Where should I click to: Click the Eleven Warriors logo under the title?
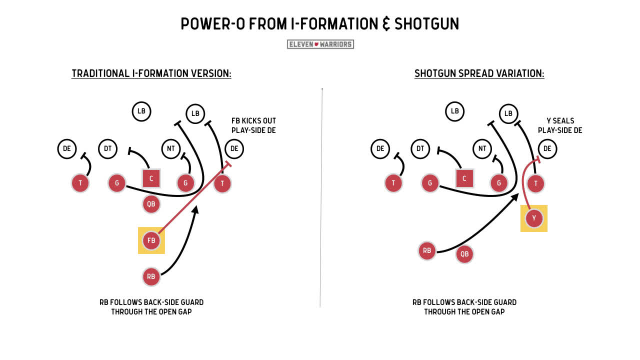click(x=320, y=44)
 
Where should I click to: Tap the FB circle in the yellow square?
click(x=151, y=240)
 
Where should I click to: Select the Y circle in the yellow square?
click(x=534, y=218)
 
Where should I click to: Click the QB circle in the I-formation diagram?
click(x=151, y=204)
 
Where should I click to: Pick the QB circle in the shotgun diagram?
click(x=464, y=254)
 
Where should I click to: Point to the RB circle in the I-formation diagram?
click(x=151, y=276)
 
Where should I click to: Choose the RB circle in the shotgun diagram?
click(x=427, y=250)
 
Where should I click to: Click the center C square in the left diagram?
click(x=151, y=178)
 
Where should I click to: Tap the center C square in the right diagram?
click(x=464, y=178)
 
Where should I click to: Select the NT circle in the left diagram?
click(x=170, y=148)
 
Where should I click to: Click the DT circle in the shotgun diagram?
click(x=420, y=148)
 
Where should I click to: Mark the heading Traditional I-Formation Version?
click(x=151, y=73)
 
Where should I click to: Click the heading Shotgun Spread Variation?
click(x=479, y=73)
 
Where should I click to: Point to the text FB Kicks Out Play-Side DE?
click(x=253, y=125)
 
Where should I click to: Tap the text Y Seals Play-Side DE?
click(x=560, y=125)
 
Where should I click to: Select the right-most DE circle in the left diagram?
click(x=234, y=148)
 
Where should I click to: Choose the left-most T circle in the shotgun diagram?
click(x=393, y=183)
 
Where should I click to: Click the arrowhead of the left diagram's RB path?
click(x=195, y=210)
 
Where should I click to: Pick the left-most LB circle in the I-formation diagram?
click(x=141, y=111)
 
